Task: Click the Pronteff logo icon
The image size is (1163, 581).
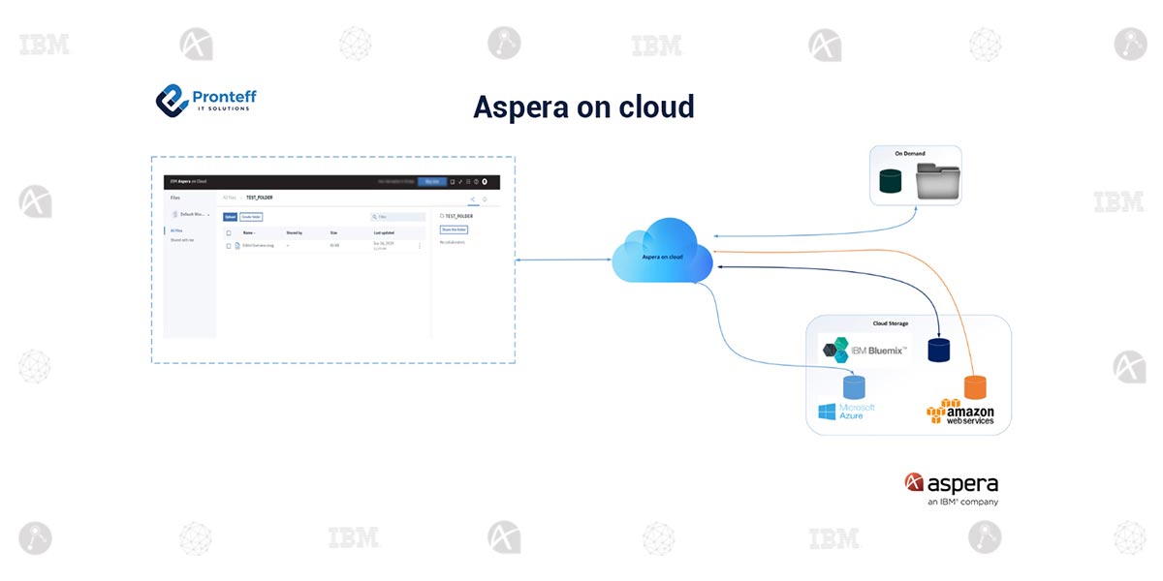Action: (172, 99)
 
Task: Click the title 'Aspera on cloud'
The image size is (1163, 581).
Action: (583, 107)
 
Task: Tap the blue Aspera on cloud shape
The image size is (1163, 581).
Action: (662, 254)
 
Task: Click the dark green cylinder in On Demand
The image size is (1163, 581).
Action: (890, 181)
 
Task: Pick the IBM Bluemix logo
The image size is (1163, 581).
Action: (865, 351)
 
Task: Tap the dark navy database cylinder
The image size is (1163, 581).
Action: (938, 350)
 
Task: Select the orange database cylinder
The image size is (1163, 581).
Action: (975, 387)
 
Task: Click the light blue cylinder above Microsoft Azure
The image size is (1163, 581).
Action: (854, 387)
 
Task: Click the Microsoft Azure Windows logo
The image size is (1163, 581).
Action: (827, 412)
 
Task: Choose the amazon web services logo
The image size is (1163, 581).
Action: (960, 413)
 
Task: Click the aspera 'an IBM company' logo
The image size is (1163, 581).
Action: (951, 488)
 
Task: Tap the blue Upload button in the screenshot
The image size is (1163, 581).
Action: (230, 217)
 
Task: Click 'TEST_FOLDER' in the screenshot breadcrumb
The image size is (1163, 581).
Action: (260, 197)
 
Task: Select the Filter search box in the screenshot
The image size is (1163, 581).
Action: (398, 217)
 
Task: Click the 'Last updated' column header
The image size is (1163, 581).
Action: (384, 233)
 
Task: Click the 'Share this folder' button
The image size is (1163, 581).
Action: (454, 229)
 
